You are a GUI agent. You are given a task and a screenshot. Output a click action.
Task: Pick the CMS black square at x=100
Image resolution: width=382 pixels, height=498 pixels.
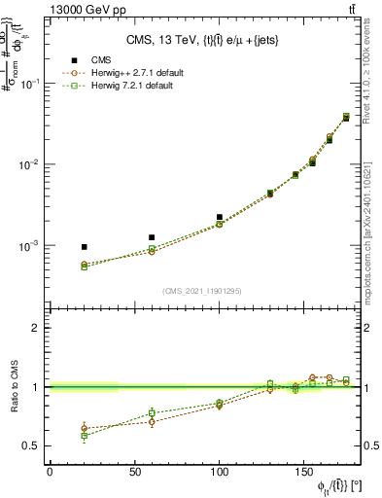click(220, 217)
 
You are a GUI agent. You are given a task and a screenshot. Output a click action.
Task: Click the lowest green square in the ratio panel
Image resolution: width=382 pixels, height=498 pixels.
click(84, 436)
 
